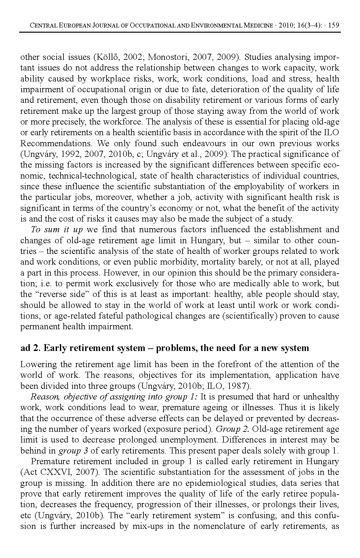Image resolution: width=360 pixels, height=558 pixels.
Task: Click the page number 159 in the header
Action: pyautogui.click(x=333, y=25)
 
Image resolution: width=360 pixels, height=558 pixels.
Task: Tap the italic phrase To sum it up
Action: pyautogui.click(x=57, y=230)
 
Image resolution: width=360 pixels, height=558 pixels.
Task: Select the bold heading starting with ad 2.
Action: pyautogui.click(x=164, y=348)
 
